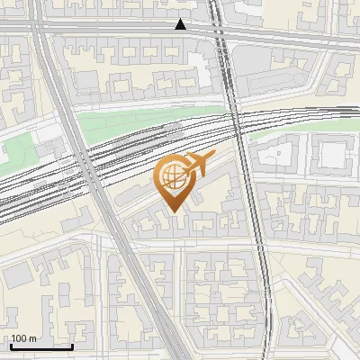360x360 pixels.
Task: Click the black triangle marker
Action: coord(181,25)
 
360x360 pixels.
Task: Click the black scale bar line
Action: coord(41,346)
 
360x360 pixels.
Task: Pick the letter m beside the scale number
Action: coord(32,338)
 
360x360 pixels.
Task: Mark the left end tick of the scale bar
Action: coord(11,346)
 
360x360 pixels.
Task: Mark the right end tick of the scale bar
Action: coord(72,346)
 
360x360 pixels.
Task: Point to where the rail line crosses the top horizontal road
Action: coord(219,31)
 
